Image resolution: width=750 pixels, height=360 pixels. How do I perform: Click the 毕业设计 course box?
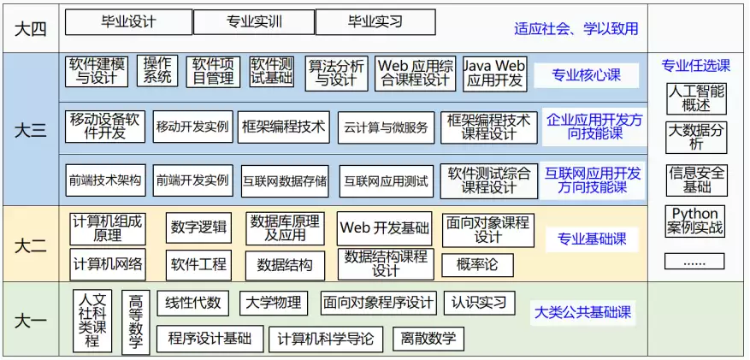(x=128, y=22)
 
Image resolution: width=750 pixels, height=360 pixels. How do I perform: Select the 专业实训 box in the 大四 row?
(x=254, y=22)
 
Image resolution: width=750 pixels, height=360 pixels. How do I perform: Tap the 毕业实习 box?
(x=375, y=22)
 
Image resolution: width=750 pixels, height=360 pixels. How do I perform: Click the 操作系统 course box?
(x=157, y=71)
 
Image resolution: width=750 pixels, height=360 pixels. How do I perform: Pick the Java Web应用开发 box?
(x=495, y=74)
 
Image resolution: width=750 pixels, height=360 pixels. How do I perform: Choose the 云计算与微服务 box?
(x=386, y=127)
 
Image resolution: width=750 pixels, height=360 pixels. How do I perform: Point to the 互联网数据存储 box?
(x=285, y=181)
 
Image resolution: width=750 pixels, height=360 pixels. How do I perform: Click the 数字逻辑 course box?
(x=198, y=227)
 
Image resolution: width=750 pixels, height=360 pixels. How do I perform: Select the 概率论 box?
(x=477, y=265)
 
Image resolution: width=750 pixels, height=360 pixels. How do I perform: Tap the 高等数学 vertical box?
(x=136, y=322)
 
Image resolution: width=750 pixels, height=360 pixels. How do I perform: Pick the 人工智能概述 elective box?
(x=696, y=99)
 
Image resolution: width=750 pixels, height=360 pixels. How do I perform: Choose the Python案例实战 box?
(x=695, y=221)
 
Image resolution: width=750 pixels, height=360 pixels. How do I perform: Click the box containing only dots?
(x=694, y=261)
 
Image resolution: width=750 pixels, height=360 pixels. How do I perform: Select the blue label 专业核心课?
(x=587, y=75)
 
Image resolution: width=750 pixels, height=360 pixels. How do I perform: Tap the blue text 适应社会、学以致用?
(x=576, y=29)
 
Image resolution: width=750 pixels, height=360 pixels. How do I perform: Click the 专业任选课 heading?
(x=696, y=66)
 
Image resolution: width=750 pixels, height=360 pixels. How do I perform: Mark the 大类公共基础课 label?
(x=582, y=313)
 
